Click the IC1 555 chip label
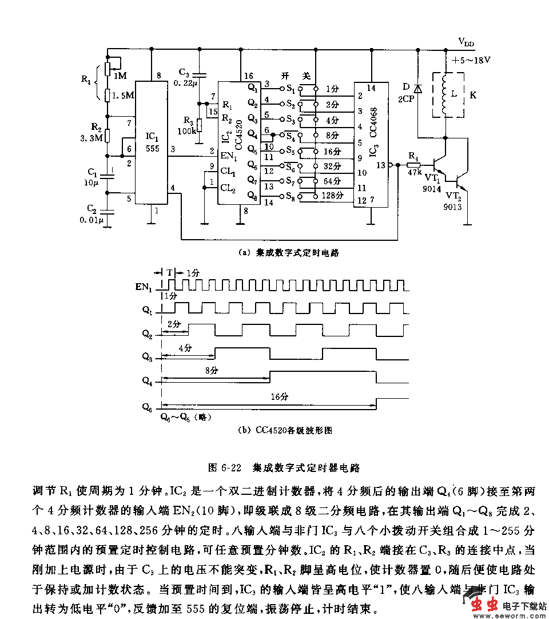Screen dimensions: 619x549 coord(151,142)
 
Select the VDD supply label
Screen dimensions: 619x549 coord(466,42)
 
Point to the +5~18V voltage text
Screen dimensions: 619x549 coord(471,59)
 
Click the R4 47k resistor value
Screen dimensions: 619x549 coord(415,171)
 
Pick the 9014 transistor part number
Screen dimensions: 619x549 coord(432,188)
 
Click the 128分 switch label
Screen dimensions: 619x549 coord(332,195)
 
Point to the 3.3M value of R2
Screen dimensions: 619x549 coord(91,137)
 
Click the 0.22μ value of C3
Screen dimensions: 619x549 coord(187,84)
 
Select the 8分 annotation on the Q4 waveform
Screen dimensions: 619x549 coord(212,370)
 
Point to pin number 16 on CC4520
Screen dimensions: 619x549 coord(248,76)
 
